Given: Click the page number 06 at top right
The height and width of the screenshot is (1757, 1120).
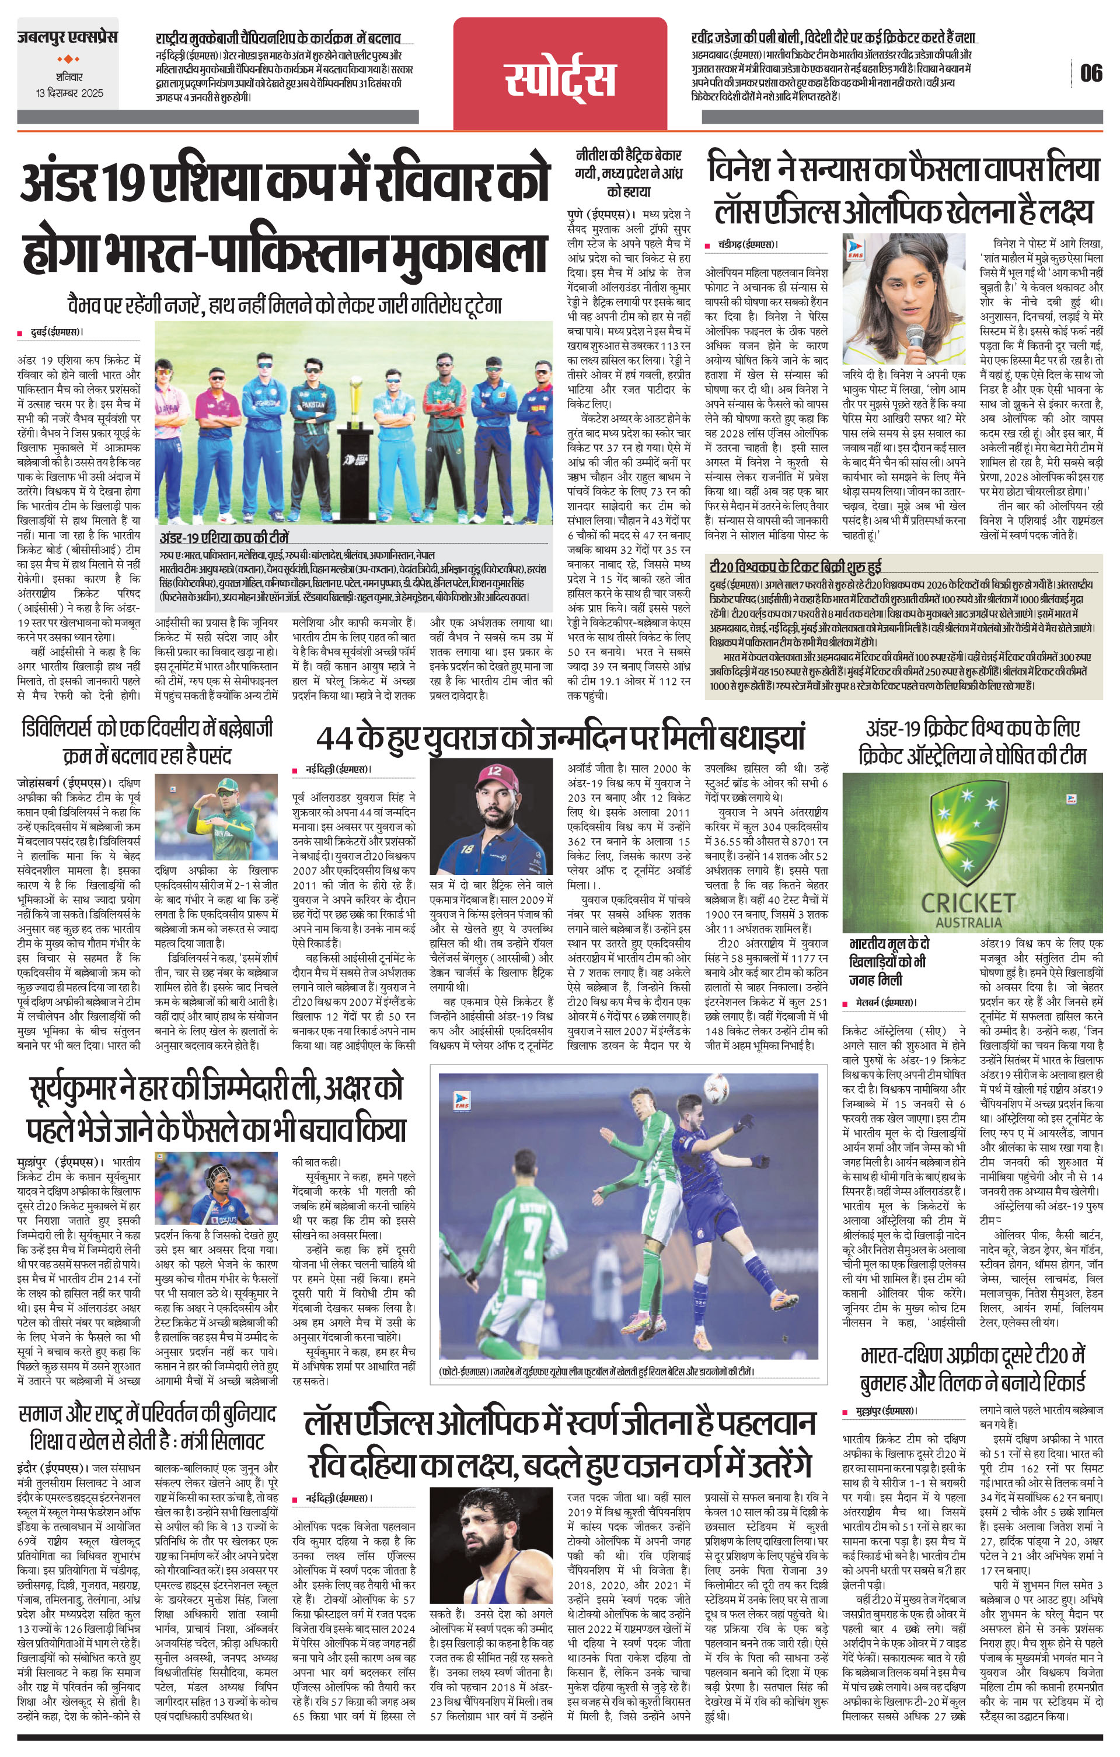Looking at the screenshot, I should point(1091,73).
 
